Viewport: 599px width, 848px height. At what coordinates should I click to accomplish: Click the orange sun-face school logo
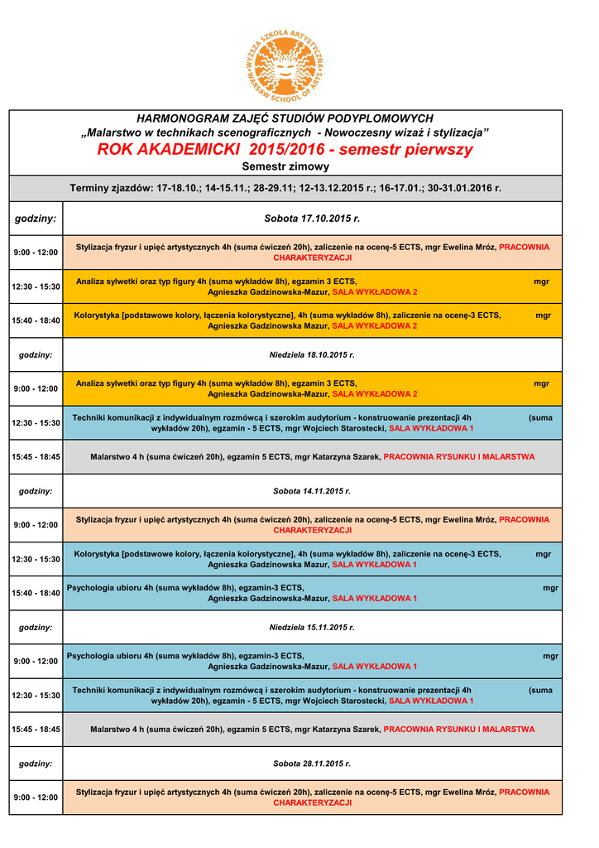click(x=285, y=63)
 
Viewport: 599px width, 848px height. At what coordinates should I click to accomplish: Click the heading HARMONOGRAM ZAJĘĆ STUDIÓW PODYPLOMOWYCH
click(x=285, y=118)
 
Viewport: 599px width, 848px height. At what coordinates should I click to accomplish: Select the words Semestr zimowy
click(x=285, y=167)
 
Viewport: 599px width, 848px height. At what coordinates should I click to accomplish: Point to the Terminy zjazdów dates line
click(x=285, y=188)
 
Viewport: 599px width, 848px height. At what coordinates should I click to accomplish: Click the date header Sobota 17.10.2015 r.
click(x=312, y=219)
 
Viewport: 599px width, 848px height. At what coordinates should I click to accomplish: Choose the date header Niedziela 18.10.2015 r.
click(x=312, y=354)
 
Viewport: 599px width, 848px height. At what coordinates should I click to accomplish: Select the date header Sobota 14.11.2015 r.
click(x=312, y=491)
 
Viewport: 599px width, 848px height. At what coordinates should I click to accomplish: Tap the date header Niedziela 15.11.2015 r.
click(x=312, y=627)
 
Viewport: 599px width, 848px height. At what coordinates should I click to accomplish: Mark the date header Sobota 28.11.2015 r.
click(x=312, y=764)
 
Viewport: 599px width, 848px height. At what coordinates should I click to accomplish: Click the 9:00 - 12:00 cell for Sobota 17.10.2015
click(x=36, y=252)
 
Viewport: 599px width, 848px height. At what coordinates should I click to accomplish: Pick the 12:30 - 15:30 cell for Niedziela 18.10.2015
click(x=36, y=422)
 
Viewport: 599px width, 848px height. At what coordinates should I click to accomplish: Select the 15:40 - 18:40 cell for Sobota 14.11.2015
click(x=36, y=593)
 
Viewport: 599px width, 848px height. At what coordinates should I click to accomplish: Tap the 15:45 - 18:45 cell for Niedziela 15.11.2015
click(x=36, y=730)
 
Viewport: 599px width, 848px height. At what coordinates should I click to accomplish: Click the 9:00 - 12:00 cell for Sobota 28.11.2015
click(x=36, y=797)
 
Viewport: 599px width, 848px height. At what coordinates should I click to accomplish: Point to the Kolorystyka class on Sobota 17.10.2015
click(x=312, y=320)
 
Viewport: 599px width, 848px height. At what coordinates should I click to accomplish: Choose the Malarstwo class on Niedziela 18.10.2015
click(x=312, y=456)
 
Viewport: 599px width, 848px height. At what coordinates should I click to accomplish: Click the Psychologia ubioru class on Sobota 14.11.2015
click(x=312, y=593)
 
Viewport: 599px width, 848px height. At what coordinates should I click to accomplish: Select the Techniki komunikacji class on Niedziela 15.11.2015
click(x=312, y=695)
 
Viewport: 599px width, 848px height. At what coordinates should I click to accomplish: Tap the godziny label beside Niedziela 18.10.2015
click(x=36, y=354)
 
